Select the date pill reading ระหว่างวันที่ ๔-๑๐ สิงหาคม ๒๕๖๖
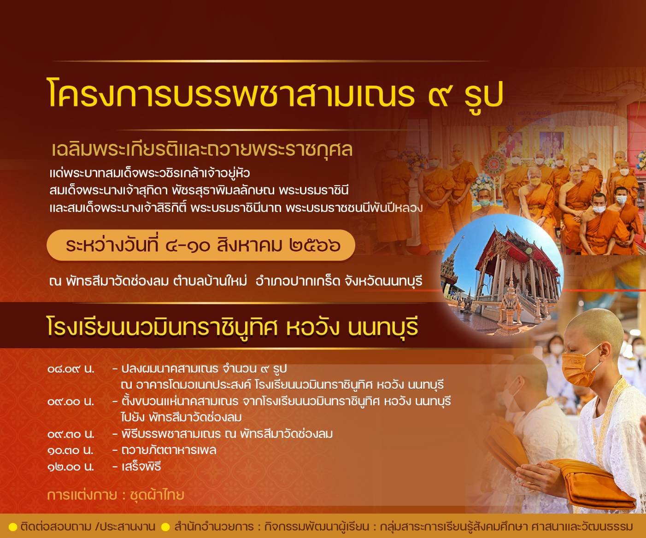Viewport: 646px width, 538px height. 201,245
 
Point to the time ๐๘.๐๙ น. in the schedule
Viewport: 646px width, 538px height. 71,369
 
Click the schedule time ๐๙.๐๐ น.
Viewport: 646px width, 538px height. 71,402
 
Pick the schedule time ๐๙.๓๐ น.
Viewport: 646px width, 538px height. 71,434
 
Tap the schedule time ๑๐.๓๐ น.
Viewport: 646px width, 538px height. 70,450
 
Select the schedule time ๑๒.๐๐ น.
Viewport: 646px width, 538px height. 70,467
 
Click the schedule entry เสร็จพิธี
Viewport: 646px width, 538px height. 141,466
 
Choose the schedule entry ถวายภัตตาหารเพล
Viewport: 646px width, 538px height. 169,450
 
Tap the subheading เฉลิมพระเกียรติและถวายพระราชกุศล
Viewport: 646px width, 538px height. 202,150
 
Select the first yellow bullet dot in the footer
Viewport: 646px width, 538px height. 13,527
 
